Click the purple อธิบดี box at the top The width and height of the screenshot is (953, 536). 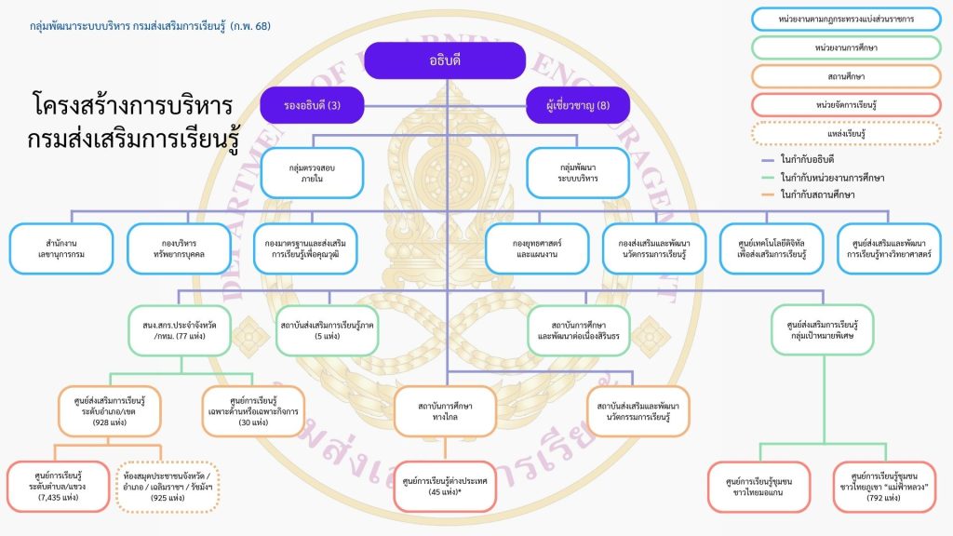click(446, 60)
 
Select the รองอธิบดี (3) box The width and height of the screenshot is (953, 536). click(311, 105)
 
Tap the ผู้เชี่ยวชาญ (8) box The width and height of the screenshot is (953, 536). click(578, 105)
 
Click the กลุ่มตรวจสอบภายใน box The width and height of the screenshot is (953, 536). click(311, 172)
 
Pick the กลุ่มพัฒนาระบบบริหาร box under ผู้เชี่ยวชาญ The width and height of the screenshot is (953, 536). click(578, 172)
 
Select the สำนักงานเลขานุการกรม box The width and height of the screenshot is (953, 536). click(61, 248)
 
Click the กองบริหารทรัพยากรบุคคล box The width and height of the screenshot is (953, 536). click(179, 248)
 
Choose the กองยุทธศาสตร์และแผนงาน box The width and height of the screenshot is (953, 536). click(537, 248)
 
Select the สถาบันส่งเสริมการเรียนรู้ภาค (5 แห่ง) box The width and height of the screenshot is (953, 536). click(328, 330)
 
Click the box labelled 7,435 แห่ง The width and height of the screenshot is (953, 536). click(59, 487)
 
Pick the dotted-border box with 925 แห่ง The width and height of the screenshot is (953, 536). click(168, 487)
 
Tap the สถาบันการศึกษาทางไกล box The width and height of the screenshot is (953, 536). click(446, 411)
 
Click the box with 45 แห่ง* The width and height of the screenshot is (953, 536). click(446, 487)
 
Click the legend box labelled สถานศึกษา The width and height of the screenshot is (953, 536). click(847, 75)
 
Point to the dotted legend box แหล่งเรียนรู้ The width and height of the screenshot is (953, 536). click(847, 133)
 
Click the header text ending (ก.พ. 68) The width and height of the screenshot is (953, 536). click(151, 26)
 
